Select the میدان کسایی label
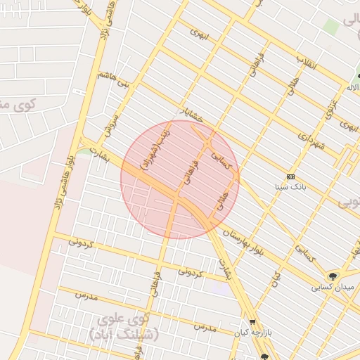pyautogui.click(x=334, y=288)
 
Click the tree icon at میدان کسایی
pyautogui.click(x=332, y=276)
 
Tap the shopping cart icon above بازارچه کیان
pyautogui.click(x=252, y=321)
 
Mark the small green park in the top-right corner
pyautogui.click(x=330, y=27)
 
